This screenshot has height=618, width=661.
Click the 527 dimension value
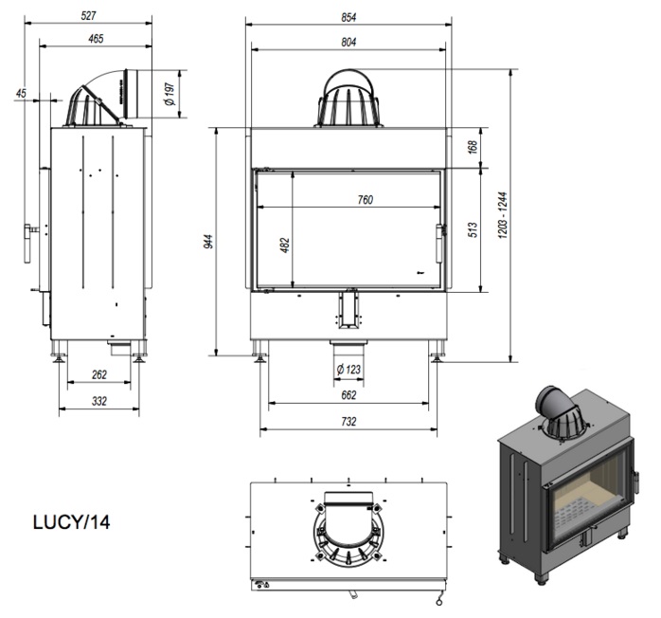click(88, 15)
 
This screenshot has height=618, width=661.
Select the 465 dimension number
click(96, 39)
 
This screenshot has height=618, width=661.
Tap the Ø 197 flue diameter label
click(170, 94)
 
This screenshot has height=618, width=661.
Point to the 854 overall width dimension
click(348, 17)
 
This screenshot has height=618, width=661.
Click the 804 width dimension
click(348, 43)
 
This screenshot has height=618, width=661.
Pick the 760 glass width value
click(366, 200)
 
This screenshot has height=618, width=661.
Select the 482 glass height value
click(285, 245)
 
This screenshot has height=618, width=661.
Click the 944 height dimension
click(208, 242)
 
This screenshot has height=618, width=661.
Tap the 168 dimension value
click(473, 147)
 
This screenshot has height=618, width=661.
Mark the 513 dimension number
click(473, 230)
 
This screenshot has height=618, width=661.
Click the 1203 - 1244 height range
click(503, 215)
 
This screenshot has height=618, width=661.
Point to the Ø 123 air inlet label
click(348, 370)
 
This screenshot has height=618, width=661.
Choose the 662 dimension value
click(348, 395)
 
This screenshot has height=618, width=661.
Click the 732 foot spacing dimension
click(348, 422)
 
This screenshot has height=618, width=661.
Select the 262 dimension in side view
click(99, 374)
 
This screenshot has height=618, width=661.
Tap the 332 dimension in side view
click(99, 401)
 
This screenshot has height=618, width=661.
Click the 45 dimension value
click(21, 93)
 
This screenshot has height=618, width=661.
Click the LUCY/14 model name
click(72, 522)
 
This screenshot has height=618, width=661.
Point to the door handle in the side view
click(28, 244)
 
